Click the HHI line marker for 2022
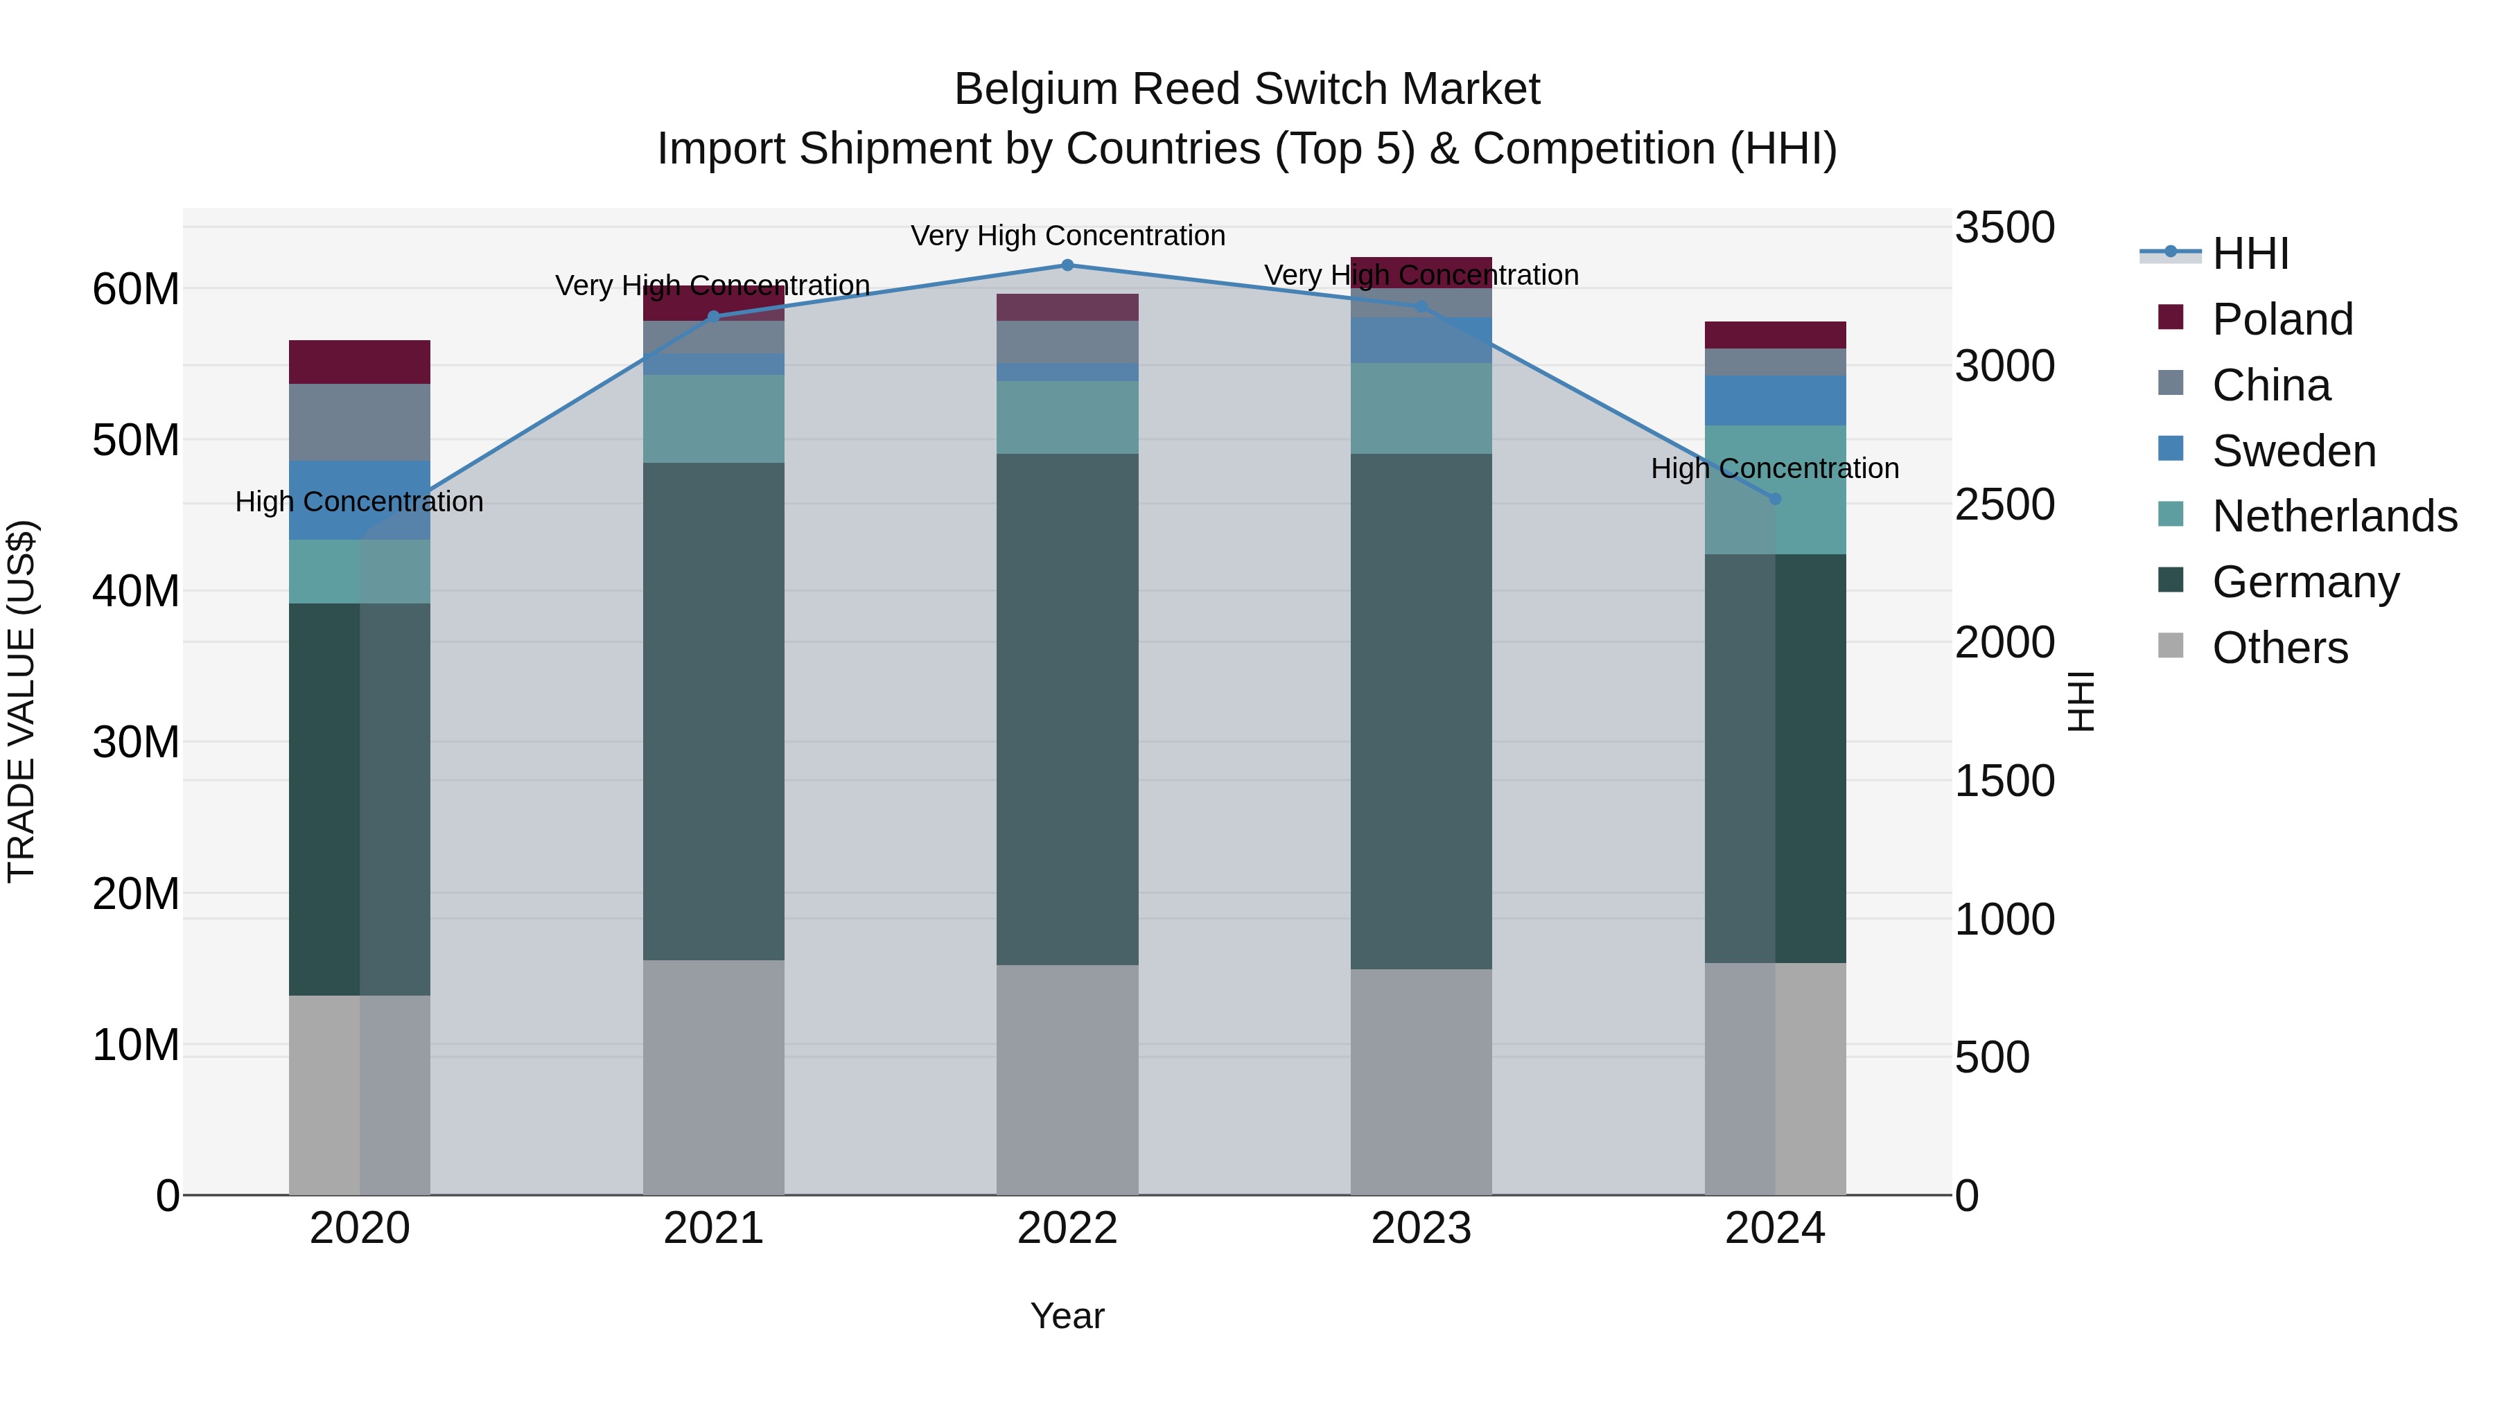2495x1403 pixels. click(1067, 265)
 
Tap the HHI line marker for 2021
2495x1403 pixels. click(714, 317)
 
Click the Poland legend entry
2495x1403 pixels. click(2282, 319)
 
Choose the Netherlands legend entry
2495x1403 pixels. click(2334, 516)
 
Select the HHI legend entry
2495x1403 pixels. click(2250, 254)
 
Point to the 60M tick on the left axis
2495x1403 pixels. click(136, 288)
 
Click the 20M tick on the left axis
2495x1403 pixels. click(136, 893)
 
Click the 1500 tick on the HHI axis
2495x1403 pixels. click(2004, 780)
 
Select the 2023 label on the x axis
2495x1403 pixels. click(1421, 1228)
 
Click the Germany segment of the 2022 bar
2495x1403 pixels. click(1067, 709)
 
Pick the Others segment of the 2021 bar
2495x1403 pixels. click(714, 1077)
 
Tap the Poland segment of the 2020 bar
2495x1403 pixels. click(359, 362)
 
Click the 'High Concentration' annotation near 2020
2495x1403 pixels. click(359, 502)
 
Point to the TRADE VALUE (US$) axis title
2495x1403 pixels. click(21, 701)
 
